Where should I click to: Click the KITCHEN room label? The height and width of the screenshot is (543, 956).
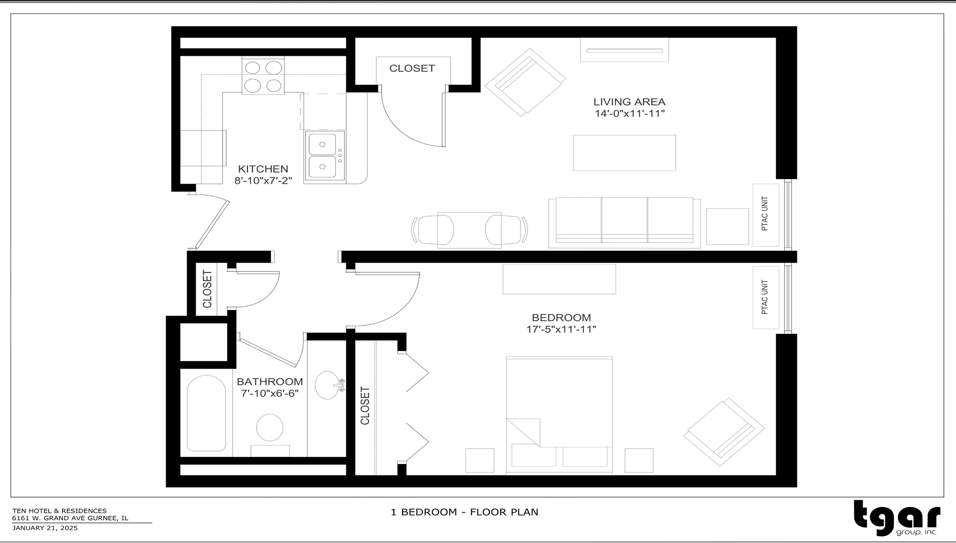coord(263,169)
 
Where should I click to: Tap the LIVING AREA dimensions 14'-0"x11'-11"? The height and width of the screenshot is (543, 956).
coord(630,114)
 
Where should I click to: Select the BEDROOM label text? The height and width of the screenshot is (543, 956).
coord(561,318)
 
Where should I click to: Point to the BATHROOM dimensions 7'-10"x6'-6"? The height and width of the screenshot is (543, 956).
coord(270,393)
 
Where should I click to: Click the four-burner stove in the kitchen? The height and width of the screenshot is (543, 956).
coord(263,76)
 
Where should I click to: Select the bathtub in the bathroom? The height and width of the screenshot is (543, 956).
coord(206,413)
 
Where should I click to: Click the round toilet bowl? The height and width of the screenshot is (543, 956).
coord(270,427)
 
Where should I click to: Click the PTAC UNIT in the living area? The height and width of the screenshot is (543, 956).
coord(766,214)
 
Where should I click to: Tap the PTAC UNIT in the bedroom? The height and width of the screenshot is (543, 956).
coord(766,297)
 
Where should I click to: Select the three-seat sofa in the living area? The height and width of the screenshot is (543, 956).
coord(624,222)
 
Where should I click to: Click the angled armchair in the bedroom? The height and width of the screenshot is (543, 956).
coord(724,431)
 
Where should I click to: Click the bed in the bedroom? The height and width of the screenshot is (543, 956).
coord(559,414)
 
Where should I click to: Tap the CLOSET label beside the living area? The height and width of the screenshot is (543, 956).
coord(412,69)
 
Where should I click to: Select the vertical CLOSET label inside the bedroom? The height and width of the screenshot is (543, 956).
coord(365,406)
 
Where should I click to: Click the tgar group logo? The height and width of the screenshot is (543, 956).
coord(897,518)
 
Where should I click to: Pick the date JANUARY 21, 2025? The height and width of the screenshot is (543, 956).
coord(45,528)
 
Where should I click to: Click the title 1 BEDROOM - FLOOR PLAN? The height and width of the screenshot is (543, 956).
coord(464,512)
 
